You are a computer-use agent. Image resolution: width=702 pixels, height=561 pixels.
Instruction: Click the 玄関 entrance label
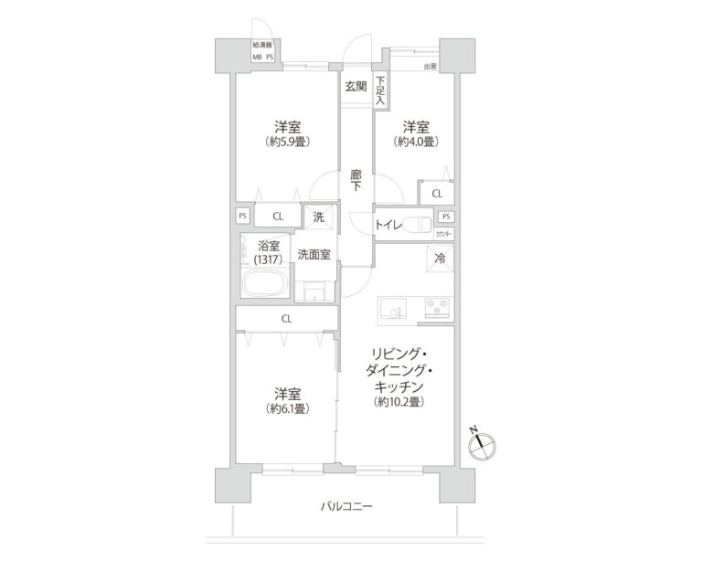point(356,87)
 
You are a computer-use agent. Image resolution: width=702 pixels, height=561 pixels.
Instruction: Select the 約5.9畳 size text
point(286,142)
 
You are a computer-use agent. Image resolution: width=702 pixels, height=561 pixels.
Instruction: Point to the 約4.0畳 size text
point(416,142)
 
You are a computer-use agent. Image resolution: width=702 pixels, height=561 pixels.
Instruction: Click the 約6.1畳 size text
point(286,408)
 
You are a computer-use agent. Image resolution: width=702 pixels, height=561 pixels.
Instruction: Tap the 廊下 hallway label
point(356,179)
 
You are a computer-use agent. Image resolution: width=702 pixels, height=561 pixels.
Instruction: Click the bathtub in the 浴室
point(265,283)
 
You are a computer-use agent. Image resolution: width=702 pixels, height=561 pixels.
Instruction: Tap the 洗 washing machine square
point(318,217)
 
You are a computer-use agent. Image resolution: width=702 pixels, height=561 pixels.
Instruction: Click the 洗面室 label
point(314,254)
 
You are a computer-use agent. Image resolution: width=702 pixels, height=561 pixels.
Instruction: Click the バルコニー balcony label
point(346,506)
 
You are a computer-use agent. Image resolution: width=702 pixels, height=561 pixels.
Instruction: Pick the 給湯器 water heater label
point(264,43)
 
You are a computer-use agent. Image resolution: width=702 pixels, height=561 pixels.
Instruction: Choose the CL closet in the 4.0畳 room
point(436,194)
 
